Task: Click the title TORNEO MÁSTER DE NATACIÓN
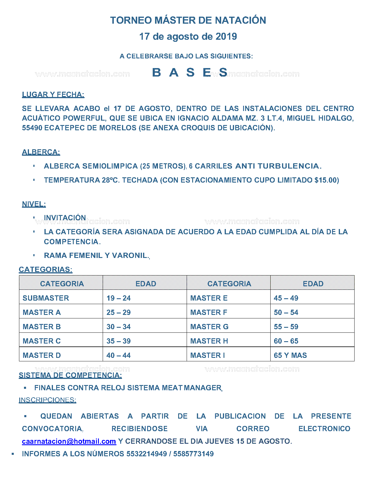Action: (x=188, y=20)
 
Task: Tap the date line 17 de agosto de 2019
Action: (x=188, y=37)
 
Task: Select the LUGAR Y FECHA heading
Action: (x=53, y=95)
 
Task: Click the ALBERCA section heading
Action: (x=41, y=152)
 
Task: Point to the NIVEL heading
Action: (x=34, y=204)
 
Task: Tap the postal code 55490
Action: (x=32, y=128)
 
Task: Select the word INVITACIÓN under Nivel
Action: (x=65, y=218)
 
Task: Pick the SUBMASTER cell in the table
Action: (x=46, y=298)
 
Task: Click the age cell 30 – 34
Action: (x=118, y=327)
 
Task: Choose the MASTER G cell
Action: (x=209, y=327)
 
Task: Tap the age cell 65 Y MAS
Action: (x=290, y=356)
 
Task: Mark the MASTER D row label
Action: (x=42, y=356)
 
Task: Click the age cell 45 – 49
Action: (x=286, y=298)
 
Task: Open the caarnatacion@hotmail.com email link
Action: (x=69, y=441)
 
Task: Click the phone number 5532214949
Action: (x=147, y=454)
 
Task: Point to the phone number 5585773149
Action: (x=193, y=454)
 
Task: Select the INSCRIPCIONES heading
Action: (x=47, y=400)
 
